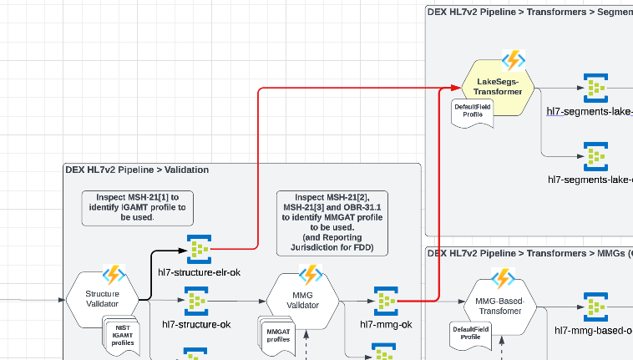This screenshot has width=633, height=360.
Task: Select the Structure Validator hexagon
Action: tap(102, 299)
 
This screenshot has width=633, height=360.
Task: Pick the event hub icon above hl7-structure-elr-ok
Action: tap(199, 248)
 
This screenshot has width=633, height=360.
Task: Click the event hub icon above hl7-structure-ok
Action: tap(196, 301)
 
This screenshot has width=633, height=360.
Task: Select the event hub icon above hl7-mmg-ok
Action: tap(385, 301)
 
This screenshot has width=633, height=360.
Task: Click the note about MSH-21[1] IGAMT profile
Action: tap(138, 206)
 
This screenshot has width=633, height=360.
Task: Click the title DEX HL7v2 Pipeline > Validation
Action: tap(137, 170)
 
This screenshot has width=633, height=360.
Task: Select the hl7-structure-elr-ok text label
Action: tap(200, 272)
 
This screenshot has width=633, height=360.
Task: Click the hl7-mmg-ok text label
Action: tap(386, 324)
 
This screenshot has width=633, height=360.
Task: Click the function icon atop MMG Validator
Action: tap(311, 274)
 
